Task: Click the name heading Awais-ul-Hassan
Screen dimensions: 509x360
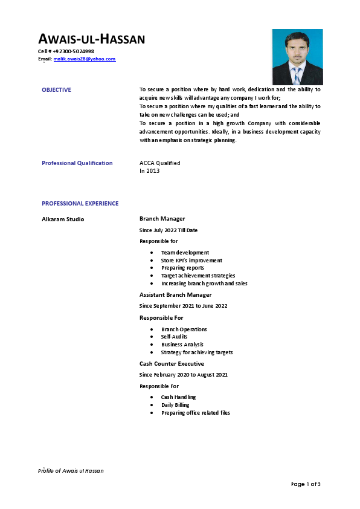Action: (x=91, y=40)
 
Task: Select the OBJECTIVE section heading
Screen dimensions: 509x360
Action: (x=56, y=90)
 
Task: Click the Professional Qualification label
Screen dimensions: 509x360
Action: (x=77, y=163)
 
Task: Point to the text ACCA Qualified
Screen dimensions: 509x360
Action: (x=159, y=163)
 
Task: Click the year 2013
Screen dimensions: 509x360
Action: (x=153, y=170)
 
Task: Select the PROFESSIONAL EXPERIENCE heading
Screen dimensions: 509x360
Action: (x=80, y=204)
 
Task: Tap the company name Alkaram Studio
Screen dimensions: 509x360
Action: (x=63, y=219)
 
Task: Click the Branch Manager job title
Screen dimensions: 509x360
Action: (x=162, y=219)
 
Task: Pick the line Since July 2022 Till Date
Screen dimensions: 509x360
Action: (x=169, y=230)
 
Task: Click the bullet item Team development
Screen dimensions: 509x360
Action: (x=185, y=253)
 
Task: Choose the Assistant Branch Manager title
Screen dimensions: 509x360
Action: (x=175, y=295)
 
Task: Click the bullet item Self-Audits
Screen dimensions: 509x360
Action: (x=174, y=337)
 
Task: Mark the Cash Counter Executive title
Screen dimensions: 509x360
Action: (x=172, y=364)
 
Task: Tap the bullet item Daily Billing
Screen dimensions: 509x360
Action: (x=175, y=405)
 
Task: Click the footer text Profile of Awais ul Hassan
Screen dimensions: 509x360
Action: (x=71, y=470)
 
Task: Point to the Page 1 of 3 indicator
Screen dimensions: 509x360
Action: (x=306, y=484)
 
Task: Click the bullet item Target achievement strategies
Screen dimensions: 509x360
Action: (x=198, y=276)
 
